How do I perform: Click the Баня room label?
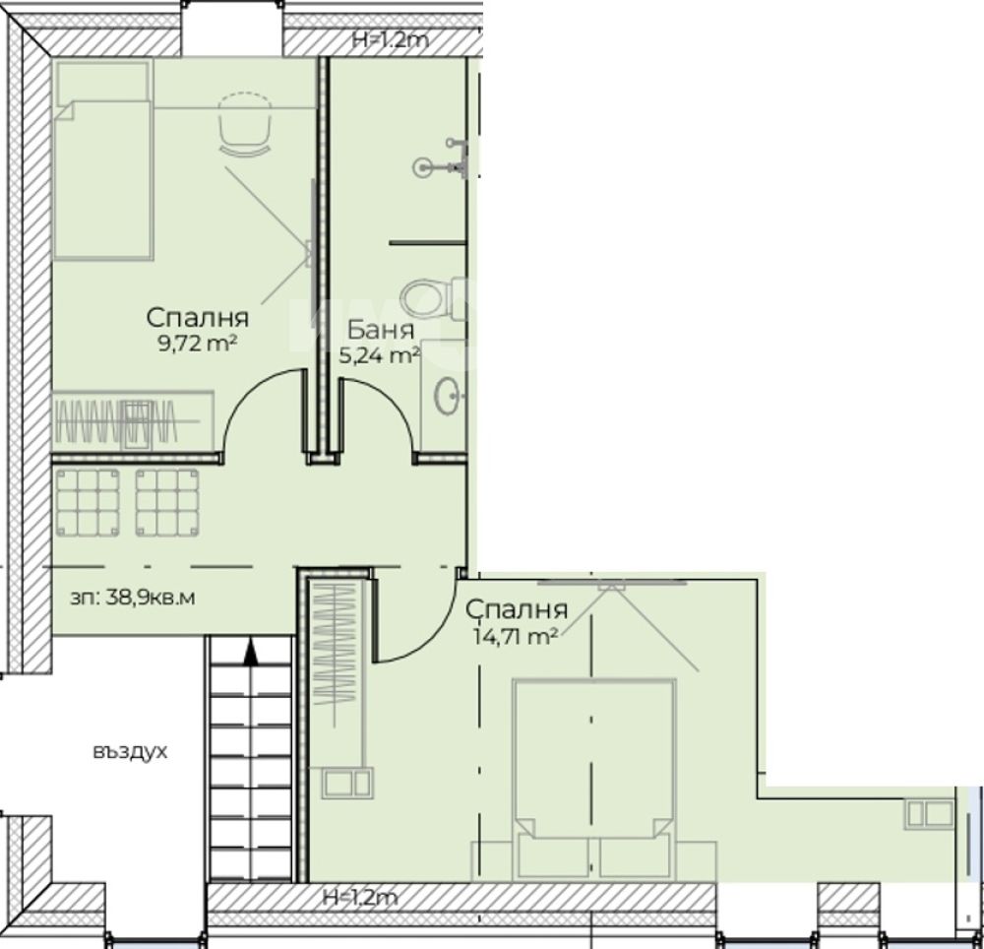click(380, 330)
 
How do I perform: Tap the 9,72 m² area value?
click(197, 344)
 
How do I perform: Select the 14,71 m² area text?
click(516, 637)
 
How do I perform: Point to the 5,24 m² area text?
click(379, 356)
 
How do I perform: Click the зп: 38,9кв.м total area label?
click(133, 598)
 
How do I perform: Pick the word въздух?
click(130, 752)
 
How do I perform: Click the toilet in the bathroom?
click(433, 298)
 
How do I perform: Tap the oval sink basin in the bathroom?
click(447, 396)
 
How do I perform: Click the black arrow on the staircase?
click(251, 652)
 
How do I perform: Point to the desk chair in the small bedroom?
click(245, 124)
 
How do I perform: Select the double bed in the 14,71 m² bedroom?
click(593, 779)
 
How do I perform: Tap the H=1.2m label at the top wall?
click(391, 40)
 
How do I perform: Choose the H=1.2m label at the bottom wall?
click(359, 898)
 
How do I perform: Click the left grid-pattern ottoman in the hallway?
click(88, 503)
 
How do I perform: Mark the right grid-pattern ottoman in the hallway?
click(167, 503)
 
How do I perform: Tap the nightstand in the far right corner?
click(930, 814)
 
